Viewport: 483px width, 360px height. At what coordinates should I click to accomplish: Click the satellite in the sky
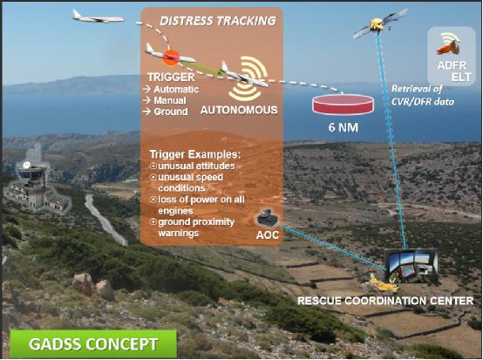point(380,24)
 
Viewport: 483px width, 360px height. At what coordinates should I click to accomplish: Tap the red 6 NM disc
point(344,105)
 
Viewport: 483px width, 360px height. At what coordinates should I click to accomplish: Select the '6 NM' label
point(344,127)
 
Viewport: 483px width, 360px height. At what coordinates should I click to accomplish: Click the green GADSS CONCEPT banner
point(93,343)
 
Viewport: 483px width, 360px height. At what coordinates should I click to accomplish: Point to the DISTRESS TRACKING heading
point(218,21)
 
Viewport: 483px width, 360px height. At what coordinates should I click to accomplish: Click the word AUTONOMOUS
point(239,110)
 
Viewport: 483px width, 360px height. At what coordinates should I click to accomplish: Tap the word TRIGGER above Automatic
point(171,77)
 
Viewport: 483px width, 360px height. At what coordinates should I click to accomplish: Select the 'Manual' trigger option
point(170,100)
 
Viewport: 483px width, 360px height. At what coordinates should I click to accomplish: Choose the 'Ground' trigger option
point(171,112)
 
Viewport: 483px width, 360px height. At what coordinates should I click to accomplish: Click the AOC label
point(268,235)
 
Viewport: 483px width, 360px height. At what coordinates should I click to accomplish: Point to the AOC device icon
point(267,217)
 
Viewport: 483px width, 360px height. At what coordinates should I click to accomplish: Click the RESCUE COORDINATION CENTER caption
point(385,301)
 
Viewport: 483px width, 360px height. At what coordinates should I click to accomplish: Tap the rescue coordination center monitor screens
point(412,266)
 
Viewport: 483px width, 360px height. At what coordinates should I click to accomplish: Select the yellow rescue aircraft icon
point(384,283)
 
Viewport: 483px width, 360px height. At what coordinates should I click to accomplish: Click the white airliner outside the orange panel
point(99,17)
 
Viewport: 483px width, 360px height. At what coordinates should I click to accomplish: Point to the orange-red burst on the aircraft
point(171,58)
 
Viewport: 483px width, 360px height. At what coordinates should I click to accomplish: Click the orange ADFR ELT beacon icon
point(448,48)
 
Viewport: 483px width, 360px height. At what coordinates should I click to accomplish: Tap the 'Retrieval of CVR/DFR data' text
point(423,95)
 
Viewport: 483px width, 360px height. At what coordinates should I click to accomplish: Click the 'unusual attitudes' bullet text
point(196,166)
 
